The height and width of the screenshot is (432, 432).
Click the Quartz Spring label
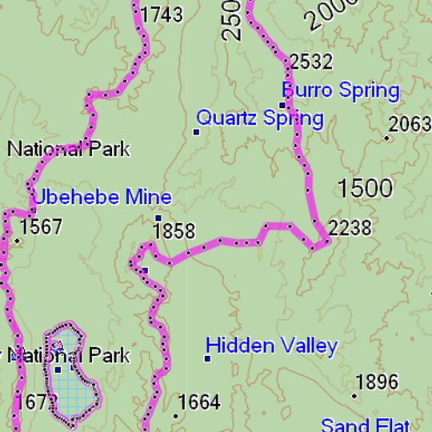click(260, 119)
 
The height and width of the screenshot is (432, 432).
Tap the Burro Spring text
click(341, 90)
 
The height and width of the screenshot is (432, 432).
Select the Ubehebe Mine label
click(102, 198)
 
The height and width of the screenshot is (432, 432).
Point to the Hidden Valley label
click(271, 346)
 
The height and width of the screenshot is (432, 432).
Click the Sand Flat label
click(365, 424)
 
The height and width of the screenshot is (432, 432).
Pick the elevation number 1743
click(162, 14)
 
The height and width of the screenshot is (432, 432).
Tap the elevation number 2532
click(311, 62)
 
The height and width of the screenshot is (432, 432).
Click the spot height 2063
click(410, 124)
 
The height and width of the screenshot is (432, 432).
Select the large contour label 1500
click(365, 189)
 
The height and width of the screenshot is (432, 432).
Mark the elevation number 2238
click(350, 229)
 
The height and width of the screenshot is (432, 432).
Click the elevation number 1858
click(174, 232)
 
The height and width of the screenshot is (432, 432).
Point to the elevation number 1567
click(41, 227)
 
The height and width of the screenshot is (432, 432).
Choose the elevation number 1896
click(377, 382)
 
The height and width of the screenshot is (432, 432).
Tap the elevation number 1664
click(199, 402)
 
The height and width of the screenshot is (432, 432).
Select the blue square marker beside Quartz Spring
click(197, 131)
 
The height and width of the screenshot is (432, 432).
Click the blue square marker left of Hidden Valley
click(207, 358)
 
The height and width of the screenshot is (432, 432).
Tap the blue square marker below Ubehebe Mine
click(158, 218)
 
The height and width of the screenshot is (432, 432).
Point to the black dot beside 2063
click(387, 138)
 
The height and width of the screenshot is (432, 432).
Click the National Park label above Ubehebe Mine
click(68, 149)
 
